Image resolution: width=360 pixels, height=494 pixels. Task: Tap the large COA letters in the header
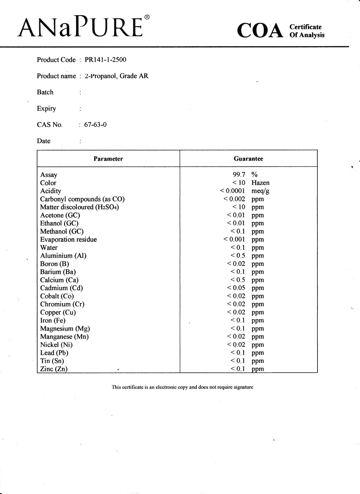click(x=260, y=31)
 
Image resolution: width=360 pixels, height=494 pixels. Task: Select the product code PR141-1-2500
click(x=105, y=60)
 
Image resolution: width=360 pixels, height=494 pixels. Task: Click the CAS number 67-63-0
click(x=95, y=125)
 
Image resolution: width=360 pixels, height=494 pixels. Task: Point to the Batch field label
click(x=45, y=92)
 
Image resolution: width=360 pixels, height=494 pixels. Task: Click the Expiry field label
click(x=46, y=109)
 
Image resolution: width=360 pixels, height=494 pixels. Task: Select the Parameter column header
click(x=108, y=159)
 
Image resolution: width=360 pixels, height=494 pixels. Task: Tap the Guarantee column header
click(x=248, y=159)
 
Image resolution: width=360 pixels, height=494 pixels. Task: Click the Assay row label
click(x=49, y=175)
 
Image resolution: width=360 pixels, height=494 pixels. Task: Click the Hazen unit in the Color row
click(x=260, y=183)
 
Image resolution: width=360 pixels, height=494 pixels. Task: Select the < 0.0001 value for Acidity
click(x=232, y=191)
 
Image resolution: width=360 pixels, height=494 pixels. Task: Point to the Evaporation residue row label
click(x=68, y=240)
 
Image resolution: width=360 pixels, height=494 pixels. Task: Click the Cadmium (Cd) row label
click(x=61, y=288)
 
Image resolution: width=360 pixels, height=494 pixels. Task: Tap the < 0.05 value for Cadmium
click(x=236, y=288)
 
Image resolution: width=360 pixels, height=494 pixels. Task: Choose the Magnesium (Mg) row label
click(x=65, y=329)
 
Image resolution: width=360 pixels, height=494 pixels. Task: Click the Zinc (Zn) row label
click(x=54, y=369)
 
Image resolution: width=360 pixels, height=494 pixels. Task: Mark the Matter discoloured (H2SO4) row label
click(x=79, y=207)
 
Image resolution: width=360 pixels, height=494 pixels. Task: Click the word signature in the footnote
click(x=243, y=387)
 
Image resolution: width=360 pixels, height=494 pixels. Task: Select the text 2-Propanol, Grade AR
click(x=116, y=76)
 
